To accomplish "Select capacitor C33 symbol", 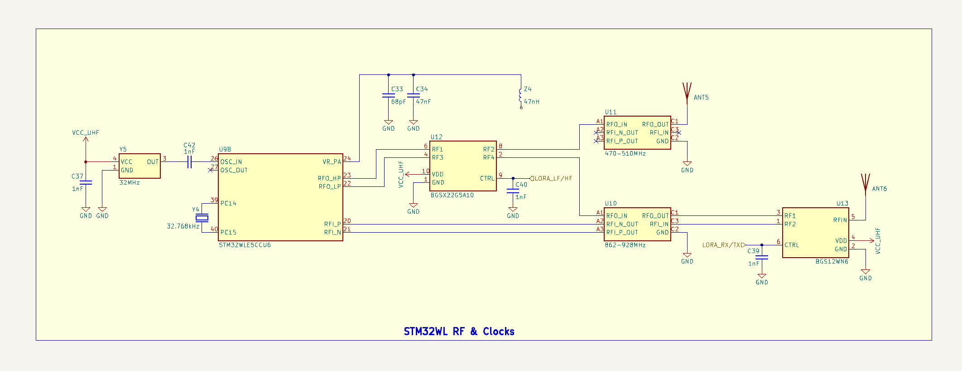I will pos(388,96).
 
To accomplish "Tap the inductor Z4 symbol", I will pos(521,96).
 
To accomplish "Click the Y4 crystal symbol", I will pos(202,218).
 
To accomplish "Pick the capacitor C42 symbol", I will pos(190,162).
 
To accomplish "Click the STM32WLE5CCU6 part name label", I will pos(245,245).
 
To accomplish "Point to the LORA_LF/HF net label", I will pos(553,178).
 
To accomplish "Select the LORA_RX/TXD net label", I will pos(723,245).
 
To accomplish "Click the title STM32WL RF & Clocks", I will pos(459,332).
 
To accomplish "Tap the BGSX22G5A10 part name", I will pos(452,195).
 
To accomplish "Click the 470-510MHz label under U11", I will pos(625,154).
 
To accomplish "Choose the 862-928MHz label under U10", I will pos(625,245).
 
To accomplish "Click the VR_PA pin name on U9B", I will pos(332,162).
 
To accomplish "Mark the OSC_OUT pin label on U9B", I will pos(234,171).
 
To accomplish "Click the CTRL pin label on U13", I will pos(792,245).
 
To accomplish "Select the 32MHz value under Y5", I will pos(130,182).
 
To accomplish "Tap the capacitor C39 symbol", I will pos(762,258).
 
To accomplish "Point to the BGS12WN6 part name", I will pos(832,262).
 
